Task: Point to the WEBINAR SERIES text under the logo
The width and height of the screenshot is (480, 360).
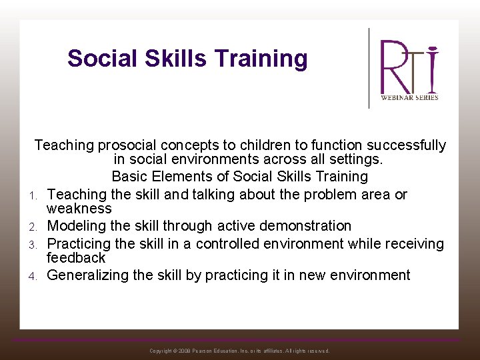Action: point(409,97)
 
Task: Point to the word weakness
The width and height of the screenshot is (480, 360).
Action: point(79,209)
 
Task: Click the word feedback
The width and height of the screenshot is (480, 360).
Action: point(76,257)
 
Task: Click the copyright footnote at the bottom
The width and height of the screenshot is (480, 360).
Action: point(239,351)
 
